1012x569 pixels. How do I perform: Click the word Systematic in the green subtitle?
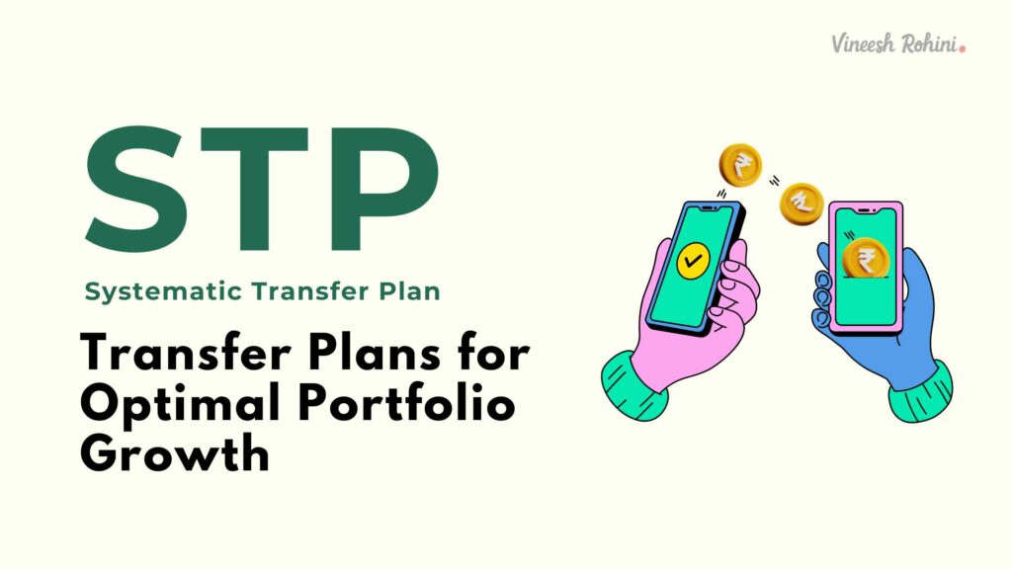coord(146,292)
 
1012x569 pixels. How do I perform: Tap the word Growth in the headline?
coord(174,456)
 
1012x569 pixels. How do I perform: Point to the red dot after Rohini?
coord(963,46)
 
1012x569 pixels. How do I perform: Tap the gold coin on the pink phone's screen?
coord(866,259)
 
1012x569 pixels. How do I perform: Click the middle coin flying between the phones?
coord(801,204)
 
